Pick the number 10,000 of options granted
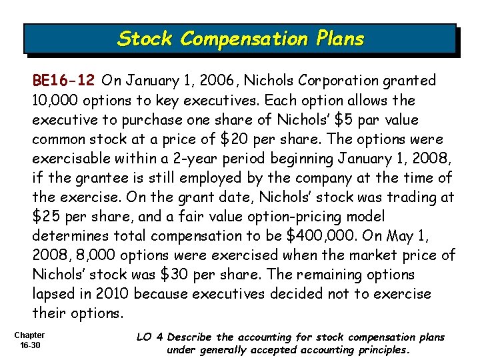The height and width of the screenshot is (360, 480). pos(57,100)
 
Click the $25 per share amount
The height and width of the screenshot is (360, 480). pos(47,216)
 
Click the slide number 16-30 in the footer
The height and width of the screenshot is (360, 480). pos(29,345)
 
